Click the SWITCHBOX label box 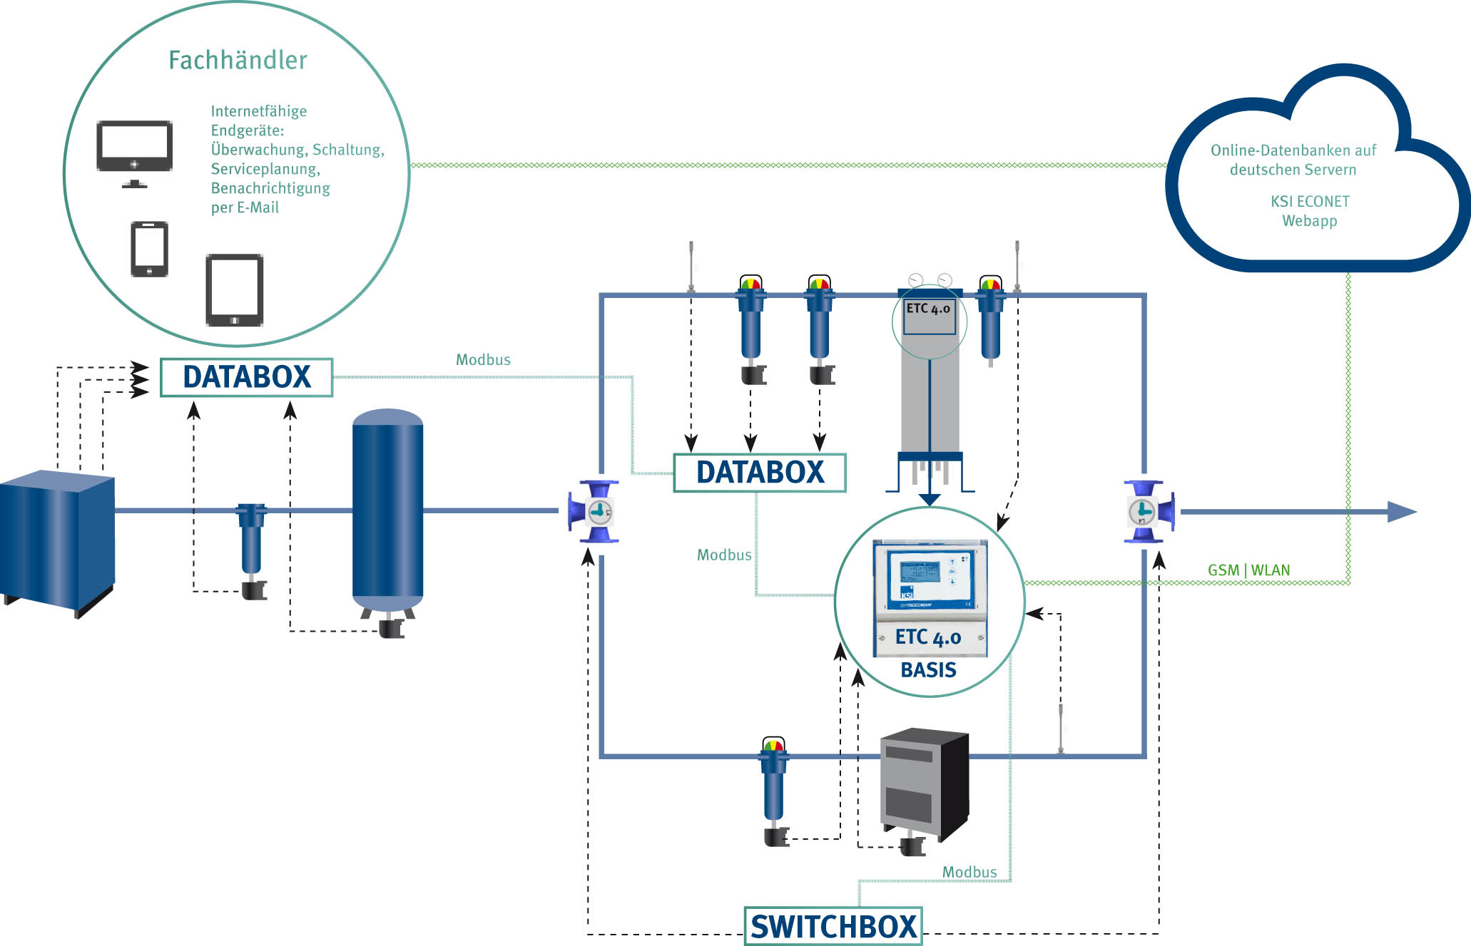[833, 926]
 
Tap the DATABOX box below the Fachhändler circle [247, 377]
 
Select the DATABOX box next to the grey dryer [760, 473]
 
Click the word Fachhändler [238, 60]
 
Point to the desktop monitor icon [135, 149]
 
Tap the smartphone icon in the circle [150, 249]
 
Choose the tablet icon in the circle [235, 290]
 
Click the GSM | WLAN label [1248, 570]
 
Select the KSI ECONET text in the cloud [1310, 202]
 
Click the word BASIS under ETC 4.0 [928, 670]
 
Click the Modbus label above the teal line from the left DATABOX [483, 360]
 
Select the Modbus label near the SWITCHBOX [969, 872]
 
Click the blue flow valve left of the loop [594, 512]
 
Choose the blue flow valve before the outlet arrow [1149, 512]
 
